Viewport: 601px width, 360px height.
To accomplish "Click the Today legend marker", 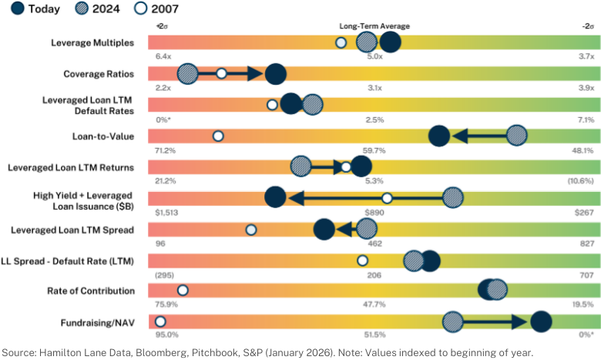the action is click(x=18, y=8).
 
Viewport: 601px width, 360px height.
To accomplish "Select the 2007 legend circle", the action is click(x=140, y=8).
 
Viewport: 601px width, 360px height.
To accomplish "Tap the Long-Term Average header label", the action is click(x=374, y=26).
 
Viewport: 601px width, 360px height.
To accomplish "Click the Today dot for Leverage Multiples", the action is click(x=390, y=42).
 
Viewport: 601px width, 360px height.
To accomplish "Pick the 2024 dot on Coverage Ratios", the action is click(x=188, y=73).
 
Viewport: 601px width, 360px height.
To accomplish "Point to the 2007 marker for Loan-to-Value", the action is click(x=218, y=136).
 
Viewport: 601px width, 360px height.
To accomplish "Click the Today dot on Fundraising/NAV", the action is click(x=541, y=321).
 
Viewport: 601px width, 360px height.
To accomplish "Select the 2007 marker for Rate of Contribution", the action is click(x=183, y=290).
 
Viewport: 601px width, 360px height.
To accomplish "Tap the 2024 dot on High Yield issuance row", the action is click(x=453, y=198).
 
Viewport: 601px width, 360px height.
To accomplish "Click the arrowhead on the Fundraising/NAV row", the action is click(x=520, y=321).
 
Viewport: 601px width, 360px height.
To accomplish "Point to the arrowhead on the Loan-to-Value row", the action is click(x=460, y=136).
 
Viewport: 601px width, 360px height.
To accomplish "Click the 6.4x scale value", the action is click(x=163, y=56).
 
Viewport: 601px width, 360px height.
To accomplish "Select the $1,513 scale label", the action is click(x=166, y=213).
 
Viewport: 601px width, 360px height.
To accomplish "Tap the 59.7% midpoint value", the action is click(x=374, y=150).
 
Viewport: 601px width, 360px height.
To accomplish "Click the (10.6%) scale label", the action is click(x=581, y=180).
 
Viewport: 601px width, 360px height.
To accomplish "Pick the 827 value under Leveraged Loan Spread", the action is click(x=587, y=244).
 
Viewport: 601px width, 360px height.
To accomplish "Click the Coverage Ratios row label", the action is click(x=99, y=74).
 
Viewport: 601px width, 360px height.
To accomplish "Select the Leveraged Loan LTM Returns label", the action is click(x=71, y=167).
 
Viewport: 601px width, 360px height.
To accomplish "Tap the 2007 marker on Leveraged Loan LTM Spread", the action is click(x=251, y=230).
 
